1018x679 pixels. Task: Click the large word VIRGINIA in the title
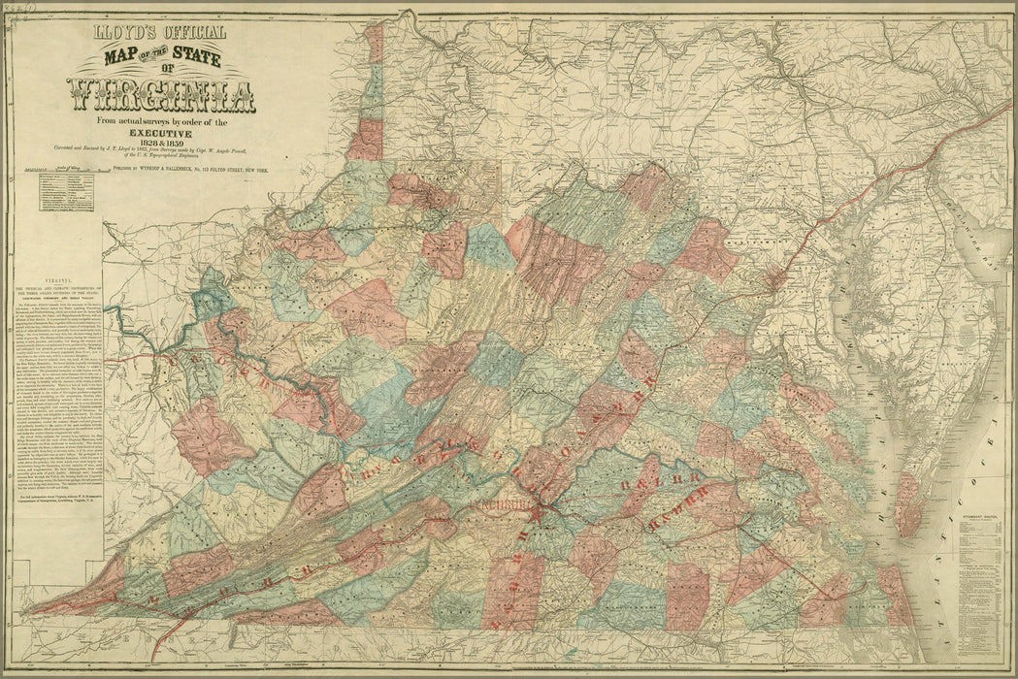161,95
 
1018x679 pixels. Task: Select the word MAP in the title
127,59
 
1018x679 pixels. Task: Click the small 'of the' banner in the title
159,57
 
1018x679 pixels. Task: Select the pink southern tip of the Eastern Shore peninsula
906,504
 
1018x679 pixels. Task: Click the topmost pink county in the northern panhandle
373,44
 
